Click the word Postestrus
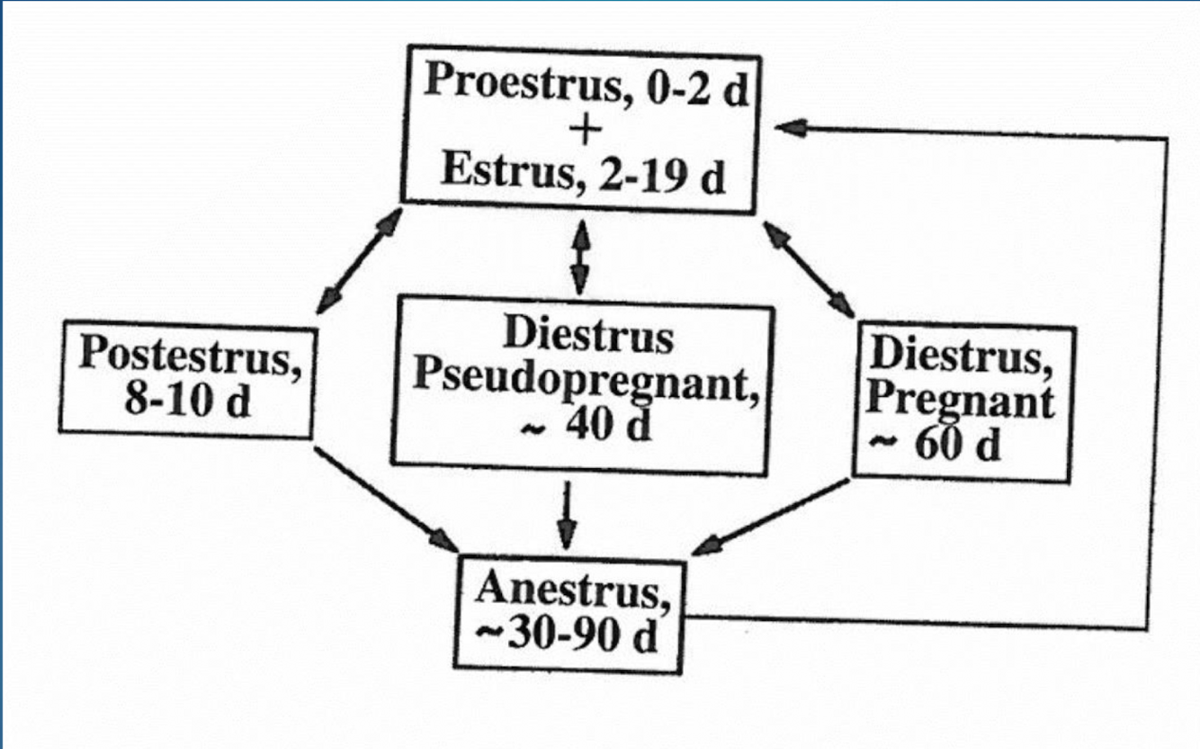coord(189,357)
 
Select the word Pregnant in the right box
coord(961,402)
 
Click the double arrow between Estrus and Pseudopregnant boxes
coord(581,257)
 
